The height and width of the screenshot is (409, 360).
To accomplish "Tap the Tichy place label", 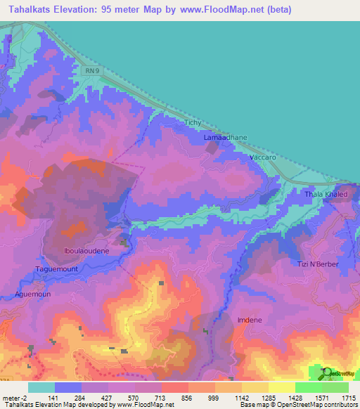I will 193,123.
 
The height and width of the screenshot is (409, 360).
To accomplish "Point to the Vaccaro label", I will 262,159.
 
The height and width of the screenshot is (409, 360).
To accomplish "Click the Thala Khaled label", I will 326,194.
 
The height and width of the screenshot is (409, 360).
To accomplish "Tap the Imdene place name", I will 250,320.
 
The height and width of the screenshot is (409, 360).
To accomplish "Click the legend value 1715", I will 349,397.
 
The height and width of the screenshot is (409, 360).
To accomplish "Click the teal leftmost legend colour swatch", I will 41,387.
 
